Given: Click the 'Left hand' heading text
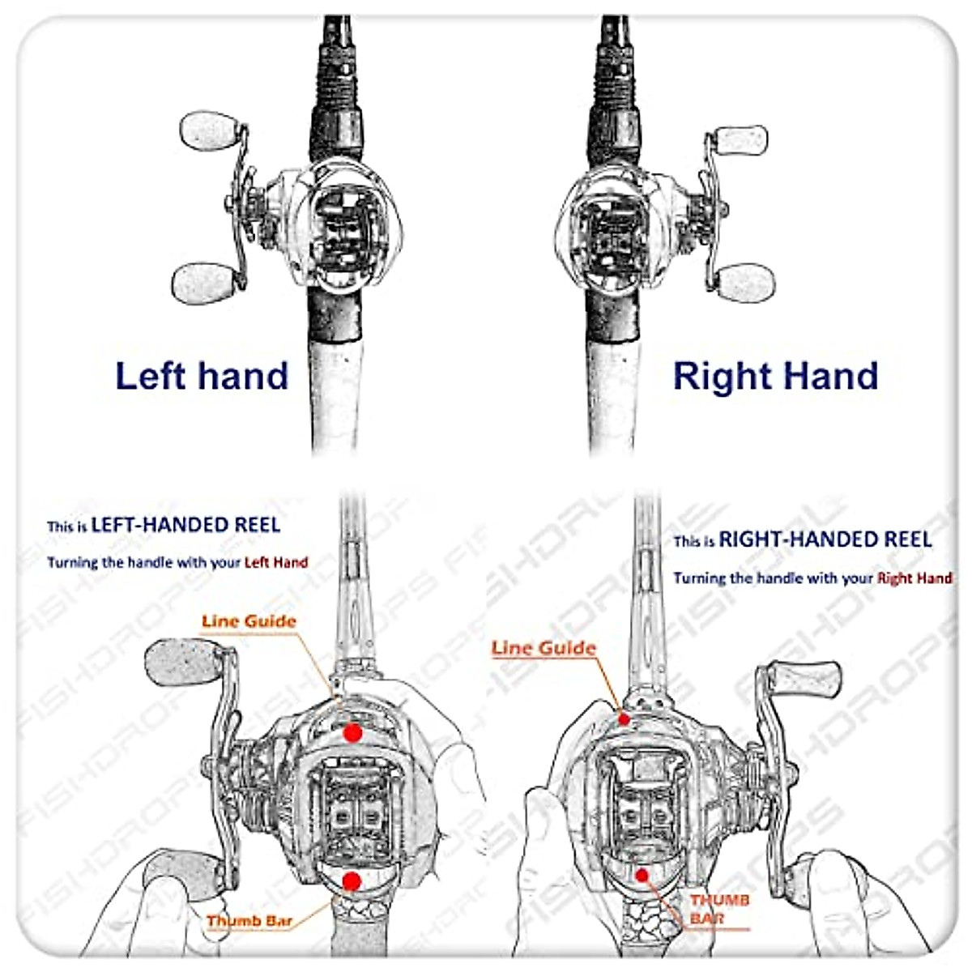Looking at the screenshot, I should [202, 376].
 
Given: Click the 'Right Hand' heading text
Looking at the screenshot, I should [775, 377].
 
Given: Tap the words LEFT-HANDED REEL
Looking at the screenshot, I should [185, 525].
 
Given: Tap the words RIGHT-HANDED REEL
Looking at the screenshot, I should [825, 539].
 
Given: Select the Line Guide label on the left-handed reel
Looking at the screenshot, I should [249, 621].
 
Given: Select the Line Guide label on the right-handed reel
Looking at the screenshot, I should [544, 648].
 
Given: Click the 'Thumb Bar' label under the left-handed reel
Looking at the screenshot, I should [249, 921].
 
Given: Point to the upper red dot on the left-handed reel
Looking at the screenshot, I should [352, 732].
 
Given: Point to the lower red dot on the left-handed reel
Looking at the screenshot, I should [352, 880].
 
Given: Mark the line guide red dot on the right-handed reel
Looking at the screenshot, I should [624, 718].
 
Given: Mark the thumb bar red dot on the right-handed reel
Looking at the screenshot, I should [642, 875].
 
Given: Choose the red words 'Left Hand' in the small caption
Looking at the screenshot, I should [275, 562].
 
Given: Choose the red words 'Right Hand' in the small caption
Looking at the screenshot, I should [914, 578].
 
